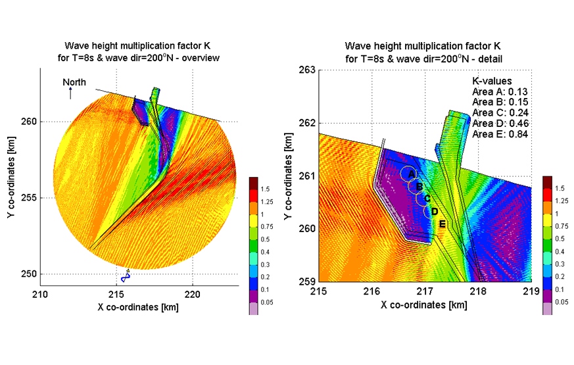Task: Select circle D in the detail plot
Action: [x=432, y=211]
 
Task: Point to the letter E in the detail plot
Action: [x=442, y=224]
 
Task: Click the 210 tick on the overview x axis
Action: [x=40, y=295]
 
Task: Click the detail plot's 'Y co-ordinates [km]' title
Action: [x=289, y=177]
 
